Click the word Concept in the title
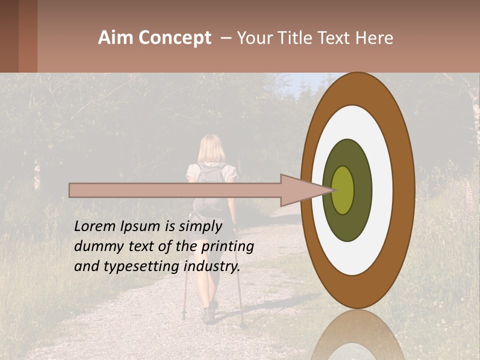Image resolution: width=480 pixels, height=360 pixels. pos(174,38)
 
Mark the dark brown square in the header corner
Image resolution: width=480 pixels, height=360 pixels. pos(9,36)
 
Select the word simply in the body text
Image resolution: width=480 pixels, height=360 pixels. pos(199,227)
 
